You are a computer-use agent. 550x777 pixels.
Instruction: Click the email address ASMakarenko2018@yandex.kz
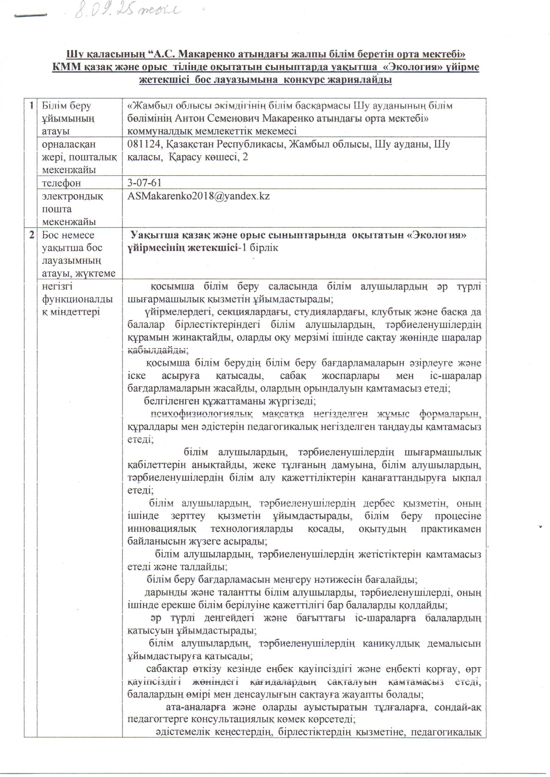(198, 196)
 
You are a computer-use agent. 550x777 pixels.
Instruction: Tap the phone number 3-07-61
(145, 183)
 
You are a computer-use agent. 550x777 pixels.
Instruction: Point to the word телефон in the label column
(61, 183)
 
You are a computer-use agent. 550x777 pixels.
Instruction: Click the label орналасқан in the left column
(69, 144)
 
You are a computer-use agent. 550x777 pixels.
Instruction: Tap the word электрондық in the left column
(72, 196)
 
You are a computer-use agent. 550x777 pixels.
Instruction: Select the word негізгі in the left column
(57, 286)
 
